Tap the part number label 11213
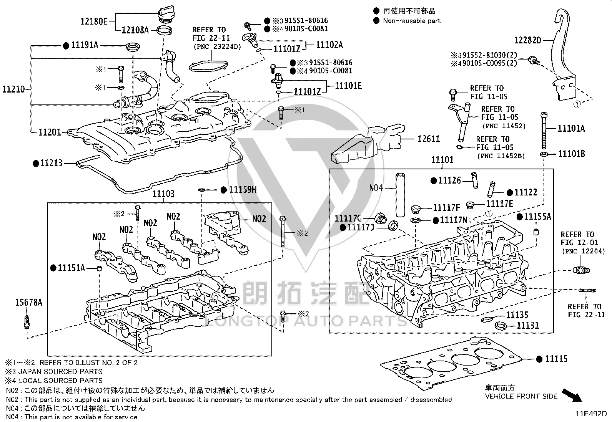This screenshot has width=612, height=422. tap(51, 163)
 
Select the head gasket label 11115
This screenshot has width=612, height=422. tap(556, 359)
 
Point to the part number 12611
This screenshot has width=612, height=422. tap(429, 139)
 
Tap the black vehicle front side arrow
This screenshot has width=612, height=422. tap(572, 395)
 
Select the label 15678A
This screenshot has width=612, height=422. tap(29, 303)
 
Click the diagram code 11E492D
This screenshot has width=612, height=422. tap(591, 414)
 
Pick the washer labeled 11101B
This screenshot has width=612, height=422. tap(544, 154)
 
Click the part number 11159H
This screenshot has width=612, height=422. tap(243, 189)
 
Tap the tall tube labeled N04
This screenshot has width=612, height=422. tap(400, 195)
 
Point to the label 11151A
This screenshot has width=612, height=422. tap(71, 268)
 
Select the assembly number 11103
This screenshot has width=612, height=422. tap(163, 194)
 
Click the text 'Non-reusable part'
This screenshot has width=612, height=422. tap(412, 21)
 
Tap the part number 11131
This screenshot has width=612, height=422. tap(528, 325)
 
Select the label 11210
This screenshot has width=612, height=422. tap(13, 89)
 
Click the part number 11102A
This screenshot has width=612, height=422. tap(329, 45)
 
